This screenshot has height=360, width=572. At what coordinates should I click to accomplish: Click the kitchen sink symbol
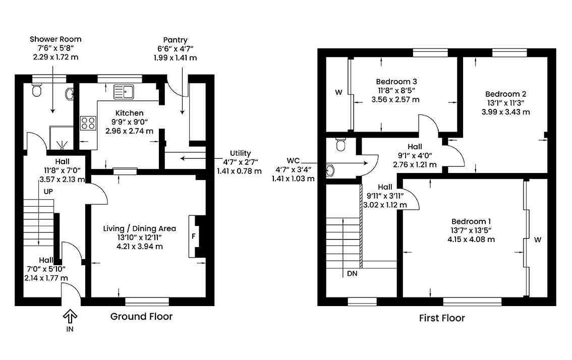point(124,91)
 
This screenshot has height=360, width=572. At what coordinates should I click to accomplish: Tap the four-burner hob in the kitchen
point(88,123)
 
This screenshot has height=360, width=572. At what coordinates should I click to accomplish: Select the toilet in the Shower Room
point(36,90)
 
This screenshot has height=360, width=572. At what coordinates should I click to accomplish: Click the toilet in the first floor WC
point(340,144)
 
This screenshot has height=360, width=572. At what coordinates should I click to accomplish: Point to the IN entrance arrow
point(70,316)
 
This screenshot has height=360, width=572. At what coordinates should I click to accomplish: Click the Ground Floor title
point(142,317)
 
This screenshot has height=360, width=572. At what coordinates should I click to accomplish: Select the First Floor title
point(442,318)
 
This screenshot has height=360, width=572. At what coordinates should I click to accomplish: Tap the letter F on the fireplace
point(193,236)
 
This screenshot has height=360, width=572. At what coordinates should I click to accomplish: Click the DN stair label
point(352,273)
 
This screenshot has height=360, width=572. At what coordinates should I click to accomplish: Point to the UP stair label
point(48,192)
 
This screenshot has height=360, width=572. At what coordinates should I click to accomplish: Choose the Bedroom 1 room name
point(471,221)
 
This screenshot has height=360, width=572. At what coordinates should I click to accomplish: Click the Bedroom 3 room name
point(396,81)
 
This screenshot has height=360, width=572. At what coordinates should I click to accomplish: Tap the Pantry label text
point(175,40)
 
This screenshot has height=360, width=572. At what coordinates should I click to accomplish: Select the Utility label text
point(241,153)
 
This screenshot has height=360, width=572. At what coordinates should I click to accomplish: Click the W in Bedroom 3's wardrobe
point(339,92)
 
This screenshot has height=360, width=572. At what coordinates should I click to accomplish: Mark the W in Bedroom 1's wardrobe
point(538,239)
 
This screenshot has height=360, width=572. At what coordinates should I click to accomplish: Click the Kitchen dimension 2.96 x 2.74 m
point(129,131)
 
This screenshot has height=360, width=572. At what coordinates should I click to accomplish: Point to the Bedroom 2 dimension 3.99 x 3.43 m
point(505,112)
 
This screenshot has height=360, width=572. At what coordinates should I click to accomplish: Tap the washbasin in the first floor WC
point(330,170)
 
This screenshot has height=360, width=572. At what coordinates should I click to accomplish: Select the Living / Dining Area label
point(139,229)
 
